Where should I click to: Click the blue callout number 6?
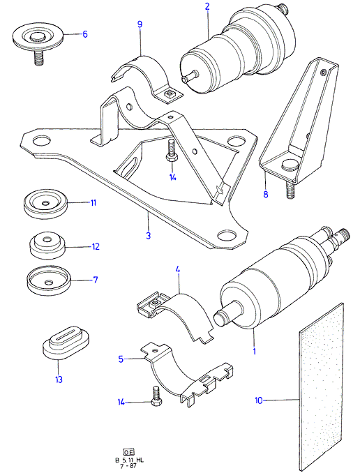pyautogui.click(x=85, y=34)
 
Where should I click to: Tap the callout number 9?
pyautogui.click(x=140, y=24)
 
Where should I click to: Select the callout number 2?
pyautogui.click(x=207, y=7)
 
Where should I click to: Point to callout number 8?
pyautogui.click(x=266, y=194)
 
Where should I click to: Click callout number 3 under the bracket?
pyautogui.click(x=148, y=235)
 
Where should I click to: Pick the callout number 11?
pyautogui.click(x=93, y=203)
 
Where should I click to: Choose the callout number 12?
pyautogui.click(x=96, y=247)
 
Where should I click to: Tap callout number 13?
pyautogui.click(x=59, y=380)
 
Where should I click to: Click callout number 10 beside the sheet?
pyautogui.click(x=259, y=400)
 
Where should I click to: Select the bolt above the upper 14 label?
pyautogui.click(x=170, y=151)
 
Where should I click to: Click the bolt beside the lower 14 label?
pyautogui.click(x=155, y=396)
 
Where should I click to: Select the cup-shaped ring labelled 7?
pyautogui.click(x=48, y=279)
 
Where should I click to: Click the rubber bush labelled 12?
pyautogui.click(x=47, y=245)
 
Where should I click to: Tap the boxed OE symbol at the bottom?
pyautogui.click(x=129, y=452)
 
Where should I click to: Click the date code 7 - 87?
pyautogui.click(x=129, y=465)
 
